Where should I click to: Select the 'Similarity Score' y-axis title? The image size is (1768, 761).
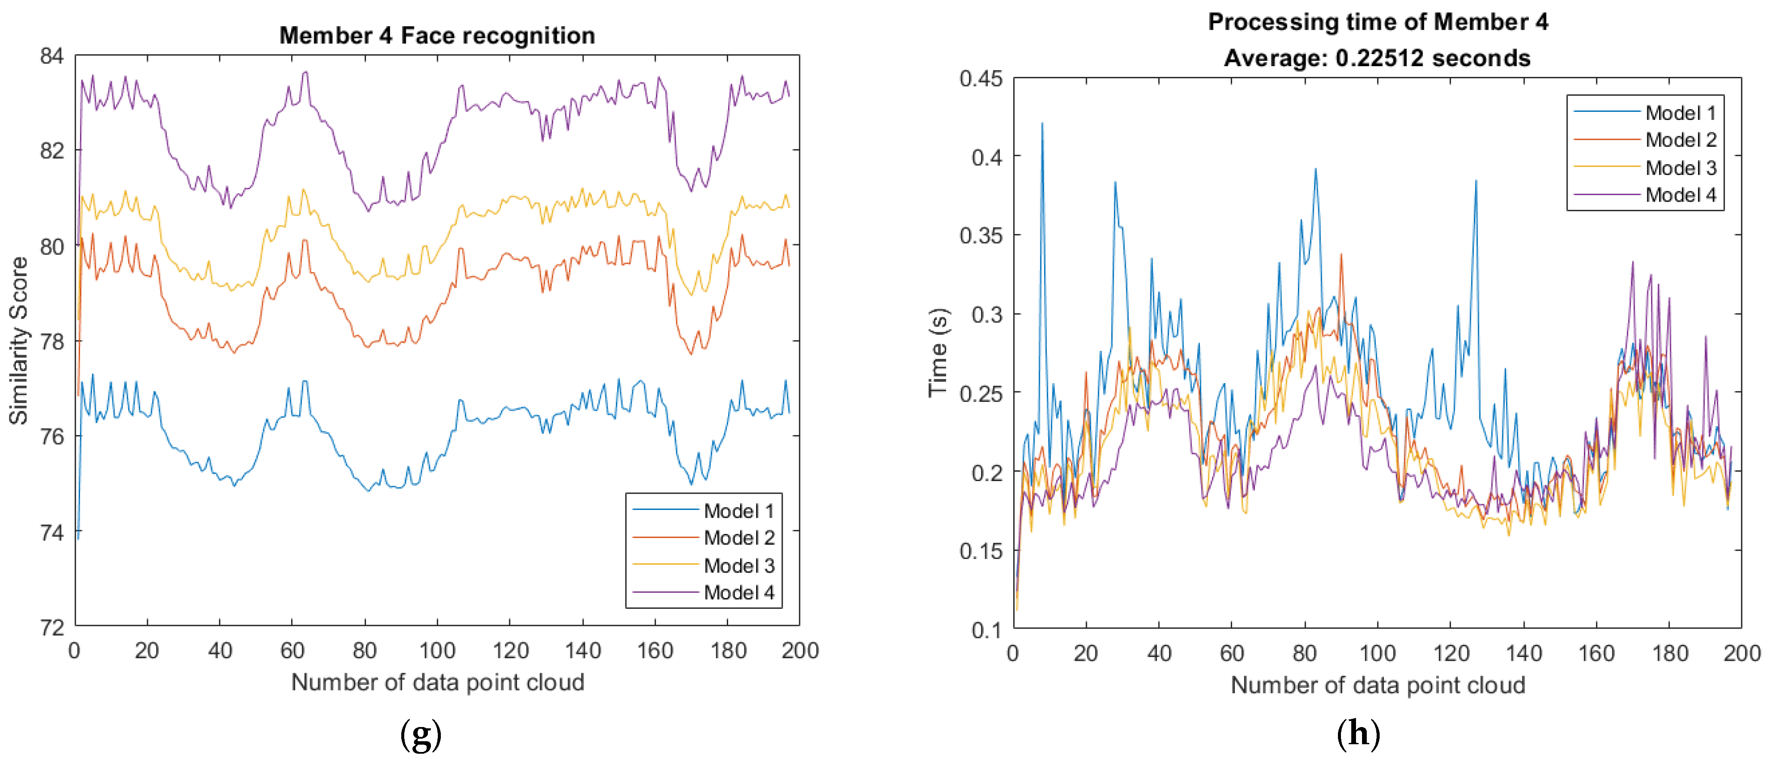click(18, 341)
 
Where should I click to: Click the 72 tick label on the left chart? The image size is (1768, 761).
click(52, 627)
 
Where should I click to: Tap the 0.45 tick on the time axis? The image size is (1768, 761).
click(981, 79)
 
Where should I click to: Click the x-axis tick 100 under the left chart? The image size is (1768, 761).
click(437, 651)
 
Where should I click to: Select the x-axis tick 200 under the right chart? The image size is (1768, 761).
click(1741, 653)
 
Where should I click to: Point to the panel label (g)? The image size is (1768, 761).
click(420, 735)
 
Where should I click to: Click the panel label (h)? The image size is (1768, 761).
click(1358, 735)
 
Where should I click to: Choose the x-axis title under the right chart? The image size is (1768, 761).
click(1378, 685)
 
